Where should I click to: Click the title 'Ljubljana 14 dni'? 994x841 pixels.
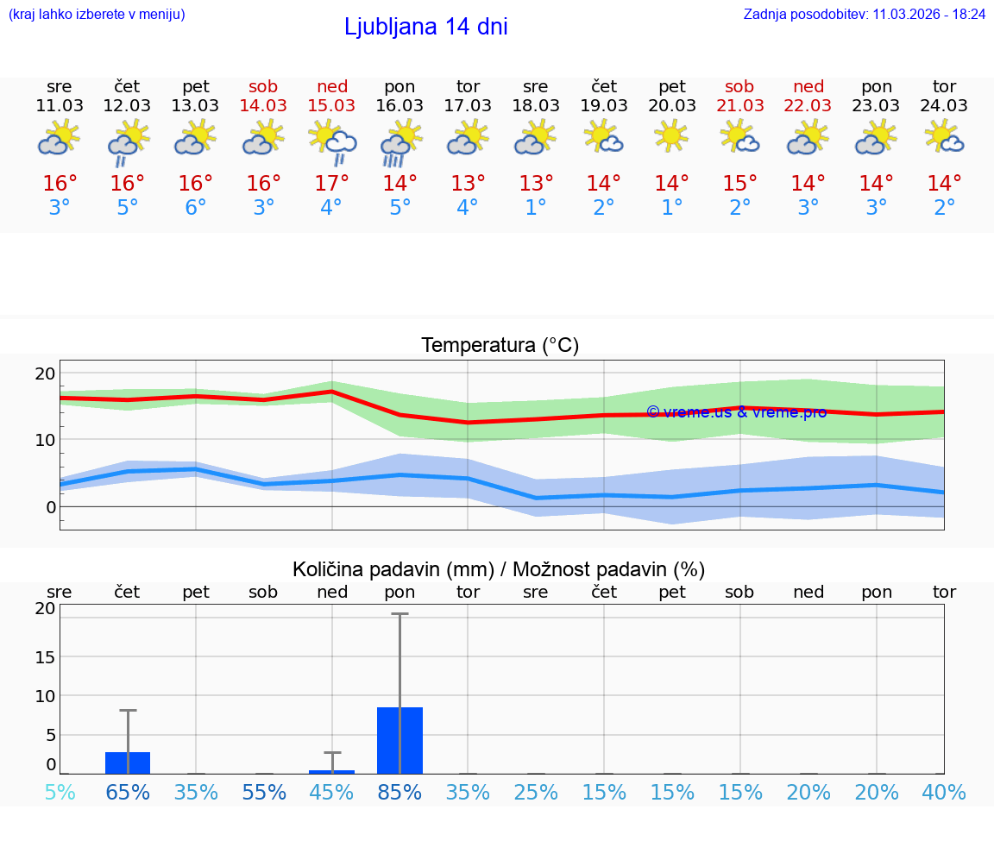click(x=425, y=27)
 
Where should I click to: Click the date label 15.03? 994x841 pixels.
click(x=332, y=105)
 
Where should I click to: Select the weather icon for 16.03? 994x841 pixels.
click(x=400, y=142)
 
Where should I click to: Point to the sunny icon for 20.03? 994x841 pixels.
click(x=671, y=137)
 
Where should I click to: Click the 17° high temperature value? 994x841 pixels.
click(x=332, y=184)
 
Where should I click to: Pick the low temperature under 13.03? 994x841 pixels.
click(x=196, y=208)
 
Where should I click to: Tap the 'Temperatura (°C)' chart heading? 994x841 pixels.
click(x=500, y=346)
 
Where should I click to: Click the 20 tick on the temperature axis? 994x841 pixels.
click(x=46, y=373)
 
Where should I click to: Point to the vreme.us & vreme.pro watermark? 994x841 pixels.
click(x=736, y=412)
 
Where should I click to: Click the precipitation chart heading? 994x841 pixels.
click(x=499, y=569)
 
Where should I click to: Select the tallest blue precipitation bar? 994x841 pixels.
click(x=400, y=740)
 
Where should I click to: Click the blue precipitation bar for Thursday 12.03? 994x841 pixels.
click(x=128, y=763)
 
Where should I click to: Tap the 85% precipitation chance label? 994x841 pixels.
click(x=400, y=792)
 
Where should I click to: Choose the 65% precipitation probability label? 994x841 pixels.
click(x=128, y=792)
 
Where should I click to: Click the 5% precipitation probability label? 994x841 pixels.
click(x=60, y=792)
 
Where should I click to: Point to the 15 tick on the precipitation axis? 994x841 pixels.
click(x=46, y=656)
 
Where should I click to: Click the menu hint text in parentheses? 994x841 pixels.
click(x=97, y=15)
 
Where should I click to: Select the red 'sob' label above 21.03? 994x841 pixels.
click(x=739, y=86)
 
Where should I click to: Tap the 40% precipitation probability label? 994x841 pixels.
click(x=944, y=792)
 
